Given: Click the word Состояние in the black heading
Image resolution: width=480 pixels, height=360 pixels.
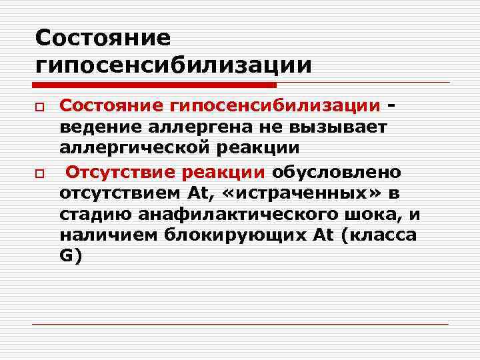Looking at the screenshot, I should (103, 37).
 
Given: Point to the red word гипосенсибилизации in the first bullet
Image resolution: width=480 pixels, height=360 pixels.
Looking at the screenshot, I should (276, 105).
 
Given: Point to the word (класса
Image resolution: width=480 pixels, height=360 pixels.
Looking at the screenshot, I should (379, 235).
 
